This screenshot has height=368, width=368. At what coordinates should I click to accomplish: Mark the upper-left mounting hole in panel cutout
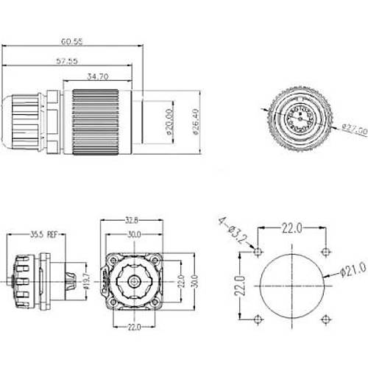coord(255,252)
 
